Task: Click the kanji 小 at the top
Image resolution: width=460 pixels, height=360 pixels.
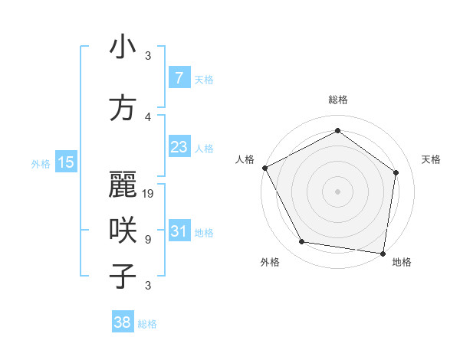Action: tap(123, 47)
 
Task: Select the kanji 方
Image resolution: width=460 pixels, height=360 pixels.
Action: tap(123, 109)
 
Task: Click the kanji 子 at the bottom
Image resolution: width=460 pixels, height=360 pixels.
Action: tap(123, 276)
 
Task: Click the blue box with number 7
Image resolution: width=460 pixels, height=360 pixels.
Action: tap(179, 78)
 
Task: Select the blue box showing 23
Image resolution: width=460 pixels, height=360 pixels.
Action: tap(179, 147)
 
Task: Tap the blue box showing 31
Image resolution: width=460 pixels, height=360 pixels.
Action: tap(179, 231)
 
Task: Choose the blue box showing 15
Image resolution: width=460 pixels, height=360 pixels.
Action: tap(66, 162)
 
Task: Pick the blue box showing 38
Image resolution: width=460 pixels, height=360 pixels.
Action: tap(123, 322)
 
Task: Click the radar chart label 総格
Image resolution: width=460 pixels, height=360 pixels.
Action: tap(337, 100)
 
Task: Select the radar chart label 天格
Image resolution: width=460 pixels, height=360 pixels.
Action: tap(431, 159)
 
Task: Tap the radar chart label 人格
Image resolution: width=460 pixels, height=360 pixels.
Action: tap(245, 159)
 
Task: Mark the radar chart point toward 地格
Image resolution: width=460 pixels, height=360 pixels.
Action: tap(382, 253)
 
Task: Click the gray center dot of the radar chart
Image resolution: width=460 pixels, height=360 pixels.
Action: tap(337, 191)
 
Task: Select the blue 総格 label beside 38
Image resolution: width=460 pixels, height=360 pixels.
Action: tap(147, 324)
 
